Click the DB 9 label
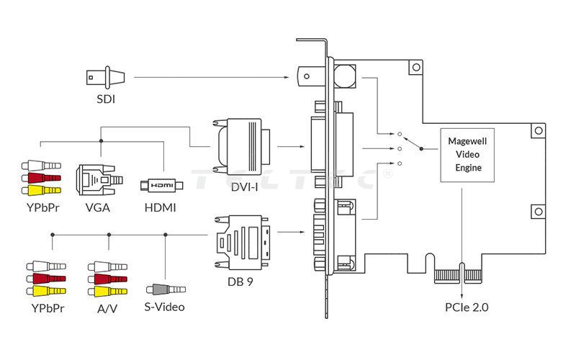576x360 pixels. (241, 282)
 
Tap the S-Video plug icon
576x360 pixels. (165, 291)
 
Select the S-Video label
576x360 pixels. (165, 307)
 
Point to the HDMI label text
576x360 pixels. (161, 209)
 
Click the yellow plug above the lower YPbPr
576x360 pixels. (45, 291)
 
